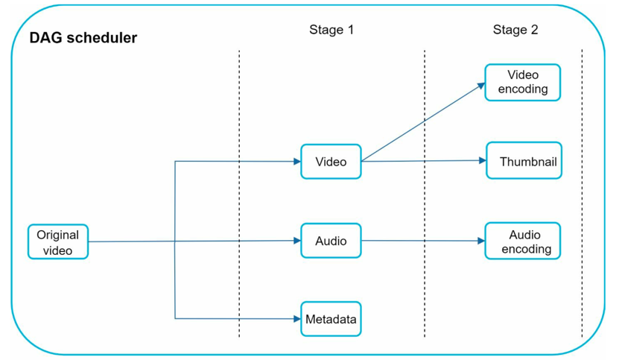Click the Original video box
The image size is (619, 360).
pos(58,241)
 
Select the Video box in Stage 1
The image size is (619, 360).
pos(331,161)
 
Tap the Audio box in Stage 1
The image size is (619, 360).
pos(331,241)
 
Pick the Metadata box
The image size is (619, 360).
pos(331,319)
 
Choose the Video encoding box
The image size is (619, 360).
pos(523,82)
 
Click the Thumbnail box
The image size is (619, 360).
pos(524,160)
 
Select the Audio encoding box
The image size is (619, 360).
pos(523,241)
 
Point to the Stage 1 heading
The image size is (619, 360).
pos(331,30)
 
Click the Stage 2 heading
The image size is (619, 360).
pos(515,30)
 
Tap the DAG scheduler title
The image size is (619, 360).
pos(83,38)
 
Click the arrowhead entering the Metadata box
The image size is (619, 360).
pos(297,318)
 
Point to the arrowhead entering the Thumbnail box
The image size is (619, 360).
pos(483,160)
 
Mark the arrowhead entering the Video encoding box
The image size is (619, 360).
pos(481,86)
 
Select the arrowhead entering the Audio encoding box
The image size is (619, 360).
pos(481,241)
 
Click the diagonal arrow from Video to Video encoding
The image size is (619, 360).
pos(423,122)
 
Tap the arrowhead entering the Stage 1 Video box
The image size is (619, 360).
pos(297,161)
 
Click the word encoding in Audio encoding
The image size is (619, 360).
pos(526,249)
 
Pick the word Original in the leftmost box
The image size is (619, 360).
pos(57,235)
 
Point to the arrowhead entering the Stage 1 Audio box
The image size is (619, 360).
pos(297,241)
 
